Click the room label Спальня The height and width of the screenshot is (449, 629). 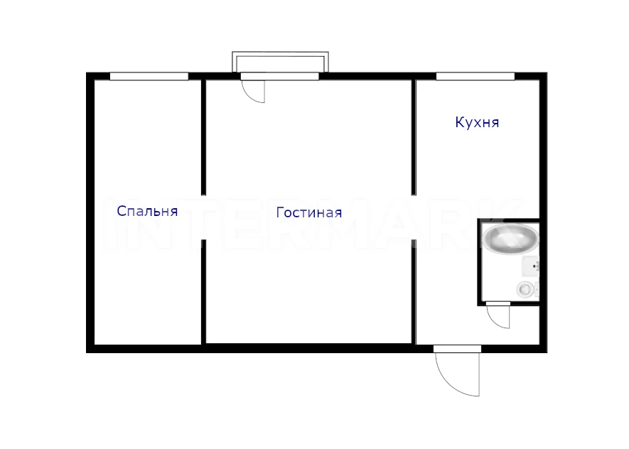(x=147, y=211)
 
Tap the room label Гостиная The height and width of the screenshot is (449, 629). (x=309, y=212)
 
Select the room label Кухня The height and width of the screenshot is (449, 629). (x=477, y=122)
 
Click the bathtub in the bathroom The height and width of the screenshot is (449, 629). (x=510, y=239)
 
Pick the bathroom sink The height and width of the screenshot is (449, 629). (x=530, y=266)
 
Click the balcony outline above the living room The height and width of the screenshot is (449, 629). (x=281, y=53)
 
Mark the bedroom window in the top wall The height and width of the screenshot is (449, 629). (x=149, y=76)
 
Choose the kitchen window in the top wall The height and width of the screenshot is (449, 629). (x=475, y=76)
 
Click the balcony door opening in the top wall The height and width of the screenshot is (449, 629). (x=279, y=76)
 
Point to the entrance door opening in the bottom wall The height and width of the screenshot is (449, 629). (x=457, y=349)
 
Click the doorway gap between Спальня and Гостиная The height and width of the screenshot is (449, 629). (x=203, y=217)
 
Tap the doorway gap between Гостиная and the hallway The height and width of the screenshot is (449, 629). (x=414, y=217)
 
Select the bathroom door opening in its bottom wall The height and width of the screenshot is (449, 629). (x=498, y=303)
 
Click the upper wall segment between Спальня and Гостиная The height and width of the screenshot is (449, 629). (x=203, y=138)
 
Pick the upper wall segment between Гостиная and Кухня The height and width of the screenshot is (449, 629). (x=414, y=138)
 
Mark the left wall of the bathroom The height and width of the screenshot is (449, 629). (x=479, y=262)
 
